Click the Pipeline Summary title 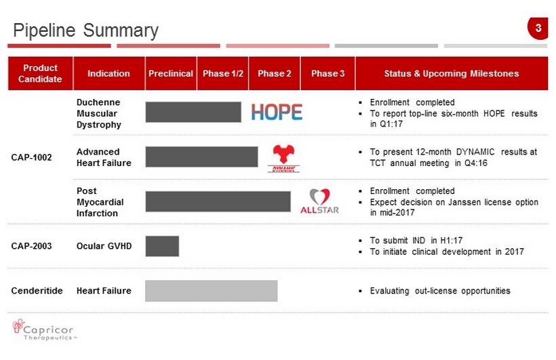(86, 31)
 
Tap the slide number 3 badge (538, 28)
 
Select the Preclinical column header (171, 73)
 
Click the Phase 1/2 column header (222, 73)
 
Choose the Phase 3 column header (327, 73)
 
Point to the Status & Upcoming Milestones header (452, 73)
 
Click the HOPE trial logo (277, 112)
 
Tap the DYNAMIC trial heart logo (283, 159)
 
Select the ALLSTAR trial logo (319, 201)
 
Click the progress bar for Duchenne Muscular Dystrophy (193, 112)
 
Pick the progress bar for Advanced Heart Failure (202, 157)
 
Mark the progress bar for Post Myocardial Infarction (218, 201)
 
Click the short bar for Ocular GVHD (162, 246)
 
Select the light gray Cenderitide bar (212, 291)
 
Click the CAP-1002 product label (32, 157)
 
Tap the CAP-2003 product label (32, 246)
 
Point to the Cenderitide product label (37, 291)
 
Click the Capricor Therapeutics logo (44, 330)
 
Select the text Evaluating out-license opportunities (440, 291)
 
